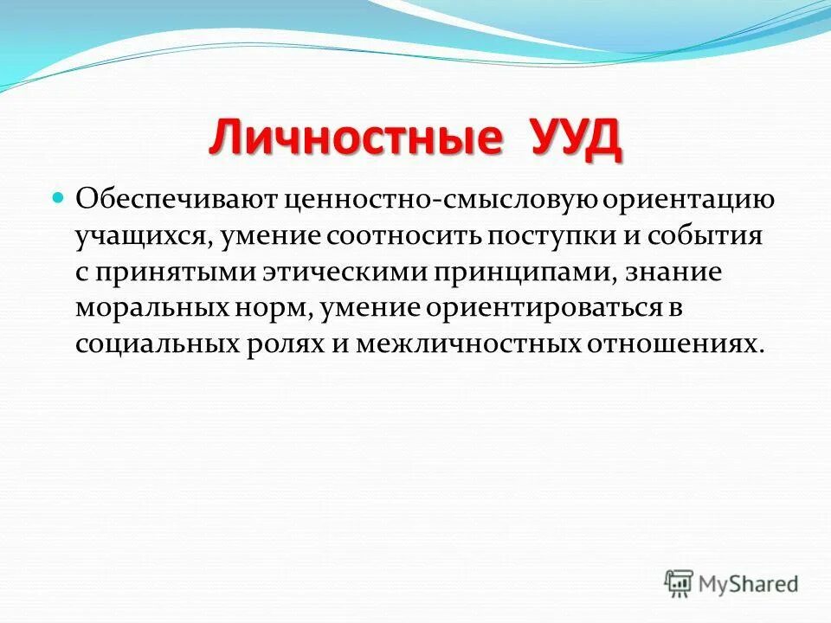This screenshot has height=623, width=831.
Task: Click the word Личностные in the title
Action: pos(355,140)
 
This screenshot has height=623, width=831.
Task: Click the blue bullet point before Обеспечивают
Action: pos(60,197)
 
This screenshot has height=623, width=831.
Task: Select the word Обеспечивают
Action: pos(174,199)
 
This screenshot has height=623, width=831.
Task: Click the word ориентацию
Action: pos(686,199)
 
